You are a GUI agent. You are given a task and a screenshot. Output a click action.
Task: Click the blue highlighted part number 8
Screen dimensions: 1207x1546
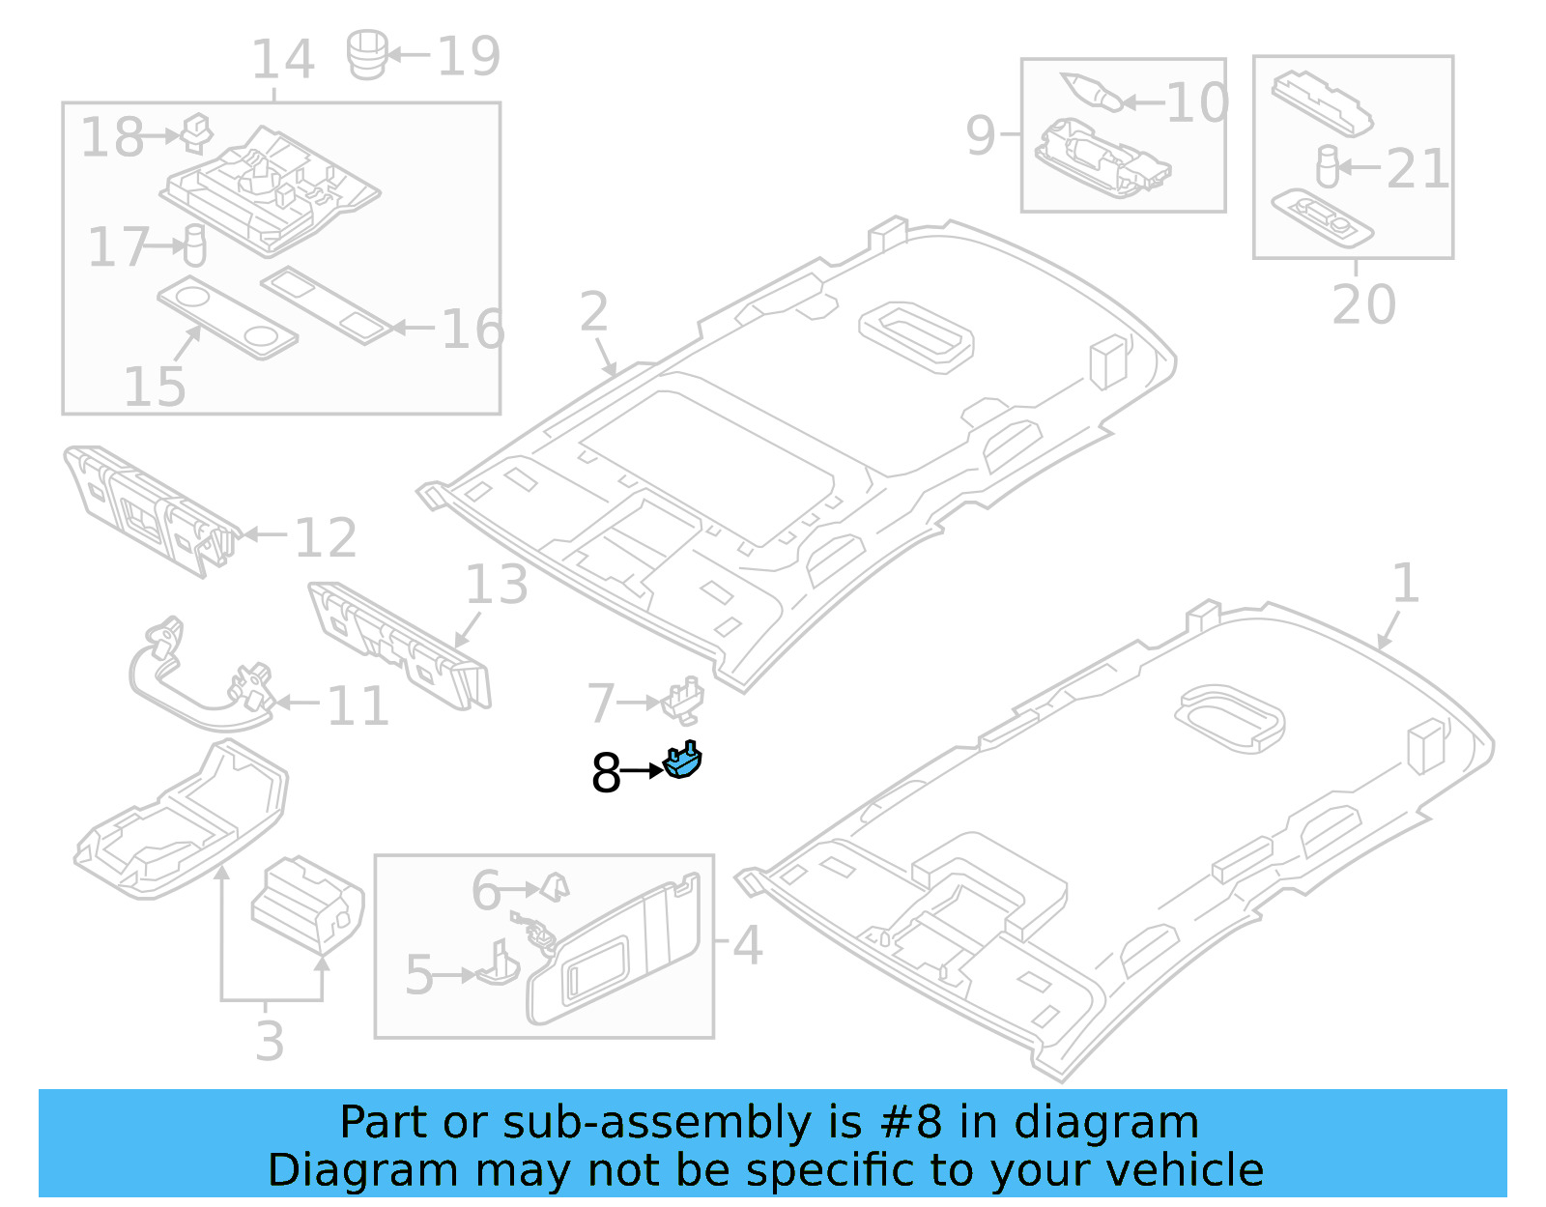[x=683, y=762]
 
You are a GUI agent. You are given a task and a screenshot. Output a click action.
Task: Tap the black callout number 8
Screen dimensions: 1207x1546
[x=606, y=773]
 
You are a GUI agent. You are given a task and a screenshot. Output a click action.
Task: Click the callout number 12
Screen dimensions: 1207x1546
[x=326, y=537]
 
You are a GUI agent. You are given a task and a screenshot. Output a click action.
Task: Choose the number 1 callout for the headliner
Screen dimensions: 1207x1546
[x=1406, y=584]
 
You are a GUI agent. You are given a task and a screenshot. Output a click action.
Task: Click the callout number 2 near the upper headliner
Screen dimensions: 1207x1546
[x=594, y=311]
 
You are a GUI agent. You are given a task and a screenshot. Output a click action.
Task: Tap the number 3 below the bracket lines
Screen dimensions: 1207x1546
[x=271, y=1041]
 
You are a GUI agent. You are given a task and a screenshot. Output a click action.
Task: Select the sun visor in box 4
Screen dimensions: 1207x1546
[x=614, y=952]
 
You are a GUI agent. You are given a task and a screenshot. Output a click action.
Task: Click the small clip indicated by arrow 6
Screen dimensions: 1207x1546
[x=556, y=885]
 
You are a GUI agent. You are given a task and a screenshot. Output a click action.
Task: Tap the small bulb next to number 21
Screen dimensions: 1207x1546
[x=1328, y=165]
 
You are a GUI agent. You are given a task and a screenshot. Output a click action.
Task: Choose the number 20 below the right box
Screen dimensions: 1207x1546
[x=1363, y=304]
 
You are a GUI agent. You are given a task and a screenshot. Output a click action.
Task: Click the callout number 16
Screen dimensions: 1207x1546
[x=472, y=330]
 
